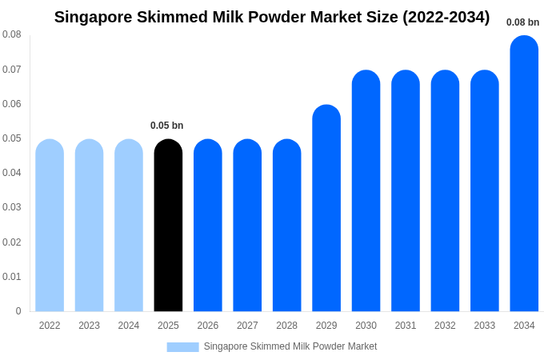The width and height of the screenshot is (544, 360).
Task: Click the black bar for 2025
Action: [168, 226]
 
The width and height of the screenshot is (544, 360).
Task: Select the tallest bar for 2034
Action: [524, 174]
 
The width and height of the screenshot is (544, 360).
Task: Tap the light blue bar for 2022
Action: [50, 226]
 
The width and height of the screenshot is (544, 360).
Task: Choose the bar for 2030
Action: [366, 191]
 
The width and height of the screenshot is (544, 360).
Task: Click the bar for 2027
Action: [247, 226]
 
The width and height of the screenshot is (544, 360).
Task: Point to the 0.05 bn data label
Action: [167, 126]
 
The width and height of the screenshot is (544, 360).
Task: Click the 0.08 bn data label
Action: [522, 22]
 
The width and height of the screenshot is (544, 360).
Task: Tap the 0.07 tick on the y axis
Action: [12, 70]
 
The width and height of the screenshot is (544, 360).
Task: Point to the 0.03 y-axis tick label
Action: [12, 207]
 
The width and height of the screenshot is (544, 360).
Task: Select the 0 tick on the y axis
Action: [18, 311]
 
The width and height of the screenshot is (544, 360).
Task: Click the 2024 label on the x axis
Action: [129, 326]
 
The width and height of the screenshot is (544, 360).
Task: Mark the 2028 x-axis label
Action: [286, 326]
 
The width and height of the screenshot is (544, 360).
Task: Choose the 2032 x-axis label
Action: [445, 326]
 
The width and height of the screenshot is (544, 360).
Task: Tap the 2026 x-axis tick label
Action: [208, 326]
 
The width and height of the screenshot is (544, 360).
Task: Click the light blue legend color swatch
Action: [182, 347]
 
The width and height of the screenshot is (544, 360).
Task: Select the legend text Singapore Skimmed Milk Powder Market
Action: [290, 346]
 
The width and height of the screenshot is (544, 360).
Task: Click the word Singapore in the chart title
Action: [94, 17]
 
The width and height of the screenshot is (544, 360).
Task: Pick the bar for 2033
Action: [485, 191]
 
